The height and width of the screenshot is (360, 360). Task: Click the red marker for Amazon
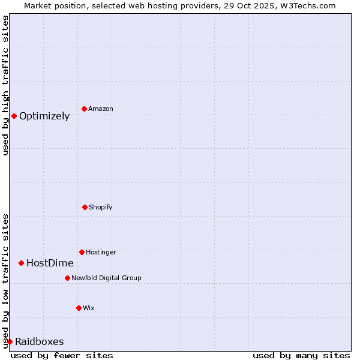pyautogui.click(x=84, y=109)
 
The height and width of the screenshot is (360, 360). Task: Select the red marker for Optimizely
pyautogui.click(x=14, y=116)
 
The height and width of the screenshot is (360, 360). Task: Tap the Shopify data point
pyautogui.click(x=85, y=207)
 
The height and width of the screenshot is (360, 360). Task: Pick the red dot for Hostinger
pyautogui.click(x=82, y=252)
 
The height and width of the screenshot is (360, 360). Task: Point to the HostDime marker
pyautogui.click(x=21, y=263)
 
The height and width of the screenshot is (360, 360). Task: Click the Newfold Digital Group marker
pyautogui.click(x=67, y=278)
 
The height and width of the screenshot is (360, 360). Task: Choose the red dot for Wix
pyautogui.click(x=79, y=308)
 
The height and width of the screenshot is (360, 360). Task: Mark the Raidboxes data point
pyautogui.click(x=10, y=341)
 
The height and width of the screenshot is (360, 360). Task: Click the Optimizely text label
pyautogui.click(x=44, y=116)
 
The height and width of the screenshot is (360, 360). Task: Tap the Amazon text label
pyautogui.click(x=101, y=109)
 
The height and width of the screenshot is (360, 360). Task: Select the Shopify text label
pyautogui.click(x=101, y=208)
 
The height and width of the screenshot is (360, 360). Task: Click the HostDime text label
pyautogui.click(x=50, y=263)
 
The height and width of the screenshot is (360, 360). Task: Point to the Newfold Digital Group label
pyautogui.click(x=106, y=278)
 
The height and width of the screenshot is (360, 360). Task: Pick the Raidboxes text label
pyautogui.click(x=40, y=342)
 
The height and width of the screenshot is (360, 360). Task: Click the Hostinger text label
pyautogui.click(x=101, y=253)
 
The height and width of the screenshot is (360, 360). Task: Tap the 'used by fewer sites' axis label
pyautogui.click(x=62, y=355)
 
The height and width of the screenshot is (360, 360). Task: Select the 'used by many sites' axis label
pyautogui.click(x=301, y=355)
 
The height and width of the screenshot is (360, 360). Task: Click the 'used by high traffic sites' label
pyautogui.click(x=5, y=85)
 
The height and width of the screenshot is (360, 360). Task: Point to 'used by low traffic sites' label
pyautogui.click(x=5, y=281)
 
